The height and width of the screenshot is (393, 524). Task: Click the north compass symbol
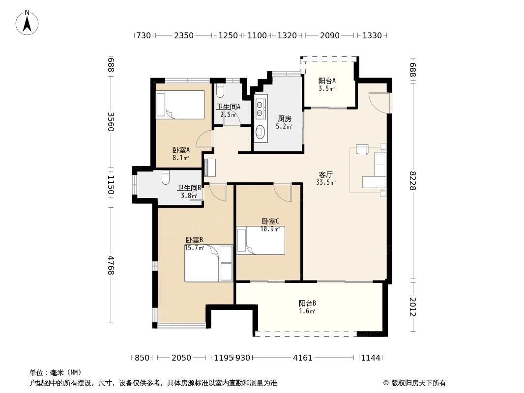(28, 22)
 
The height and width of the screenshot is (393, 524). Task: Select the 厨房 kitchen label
(284, 119)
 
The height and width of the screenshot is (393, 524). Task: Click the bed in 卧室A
(180, 105)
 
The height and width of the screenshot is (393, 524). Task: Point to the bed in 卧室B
(208, 264)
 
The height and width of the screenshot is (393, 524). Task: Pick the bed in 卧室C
(261, 240)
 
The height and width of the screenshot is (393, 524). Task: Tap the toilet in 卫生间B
(166, 177)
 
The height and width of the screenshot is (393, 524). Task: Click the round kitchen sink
(260, 132)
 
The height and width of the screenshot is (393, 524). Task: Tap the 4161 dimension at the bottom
(303, 358)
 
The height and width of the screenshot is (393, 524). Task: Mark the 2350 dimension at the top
(184, 35)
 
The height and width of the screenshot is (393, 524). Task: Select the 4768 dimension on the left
(111, 265)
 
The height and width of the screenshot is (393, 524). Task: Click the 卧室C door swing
(283, 193)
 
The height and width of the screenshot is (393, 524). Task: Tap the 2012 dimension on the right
(413, 307)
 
